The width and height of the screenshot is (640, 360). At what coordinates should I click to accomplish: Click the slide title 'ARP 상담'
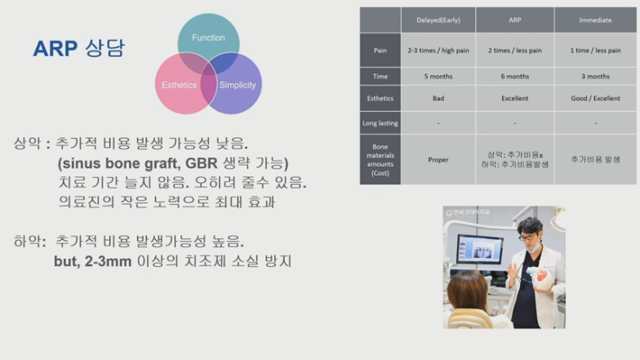(x=78, y=48)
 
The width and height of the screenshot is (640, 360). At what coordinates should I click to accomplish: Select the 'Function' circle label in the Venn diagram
(x=208, y=38)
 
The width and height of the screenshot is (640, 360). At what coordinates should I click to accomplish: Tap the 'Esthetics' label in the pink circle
(x=179, y=85)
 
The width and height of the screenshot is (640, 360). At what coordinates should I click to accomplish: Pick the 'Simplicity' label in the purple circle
(x=238, y=85)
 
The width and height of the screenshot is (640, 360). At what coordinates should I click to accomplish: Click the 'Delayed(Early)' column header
(x=438, y=20)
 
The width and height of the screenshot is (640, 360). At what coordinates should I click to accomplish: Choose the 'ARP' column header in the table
(x=514, y=20)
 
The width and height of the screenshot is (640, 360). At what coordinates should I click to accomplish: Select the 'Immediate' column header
(x=595, y=20)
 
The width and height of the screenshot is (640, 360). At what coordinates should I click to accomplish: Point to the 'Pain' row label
(x=380, y=50)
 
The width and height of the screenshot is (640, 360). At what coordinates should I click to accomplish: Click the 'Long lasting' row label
(x=380, y=123)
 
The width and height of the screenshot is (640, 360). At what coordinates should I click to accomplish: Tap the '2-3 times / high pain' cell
(x=438, y=50)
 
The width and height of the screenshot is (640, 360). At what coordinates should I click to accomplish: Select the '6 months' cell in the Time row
(x=514, y=77)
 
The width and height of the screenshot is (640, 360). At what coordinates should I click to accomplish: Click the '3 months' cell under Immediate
(x=595, y=77)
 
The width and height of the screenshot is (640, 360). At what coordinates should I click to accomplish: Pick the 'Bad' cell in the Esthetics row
(x=438, y=99)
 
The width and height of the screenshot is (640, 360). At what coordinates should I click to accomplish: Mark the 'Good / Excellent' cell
(x=595, y=99)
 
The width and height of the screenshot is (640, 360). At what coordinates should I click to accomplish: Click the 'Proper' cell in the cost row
(x=438, y=160)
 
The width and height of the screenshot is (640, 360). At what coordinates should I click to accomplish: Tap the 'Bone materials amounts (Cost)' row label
(x=380, y=159)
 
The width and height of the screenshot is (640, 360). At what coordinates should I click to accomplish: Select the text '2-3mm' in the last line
(x=100, y=262)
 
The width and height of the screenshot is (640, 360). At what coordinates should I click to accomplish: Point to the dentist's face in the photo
(x=532, y=237)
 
